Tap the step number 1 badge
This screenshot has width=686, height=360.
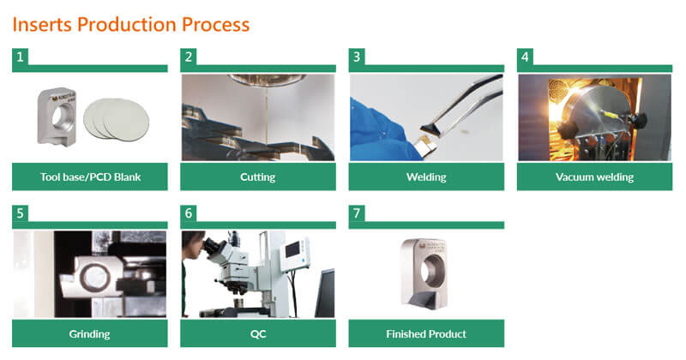coord(20,57)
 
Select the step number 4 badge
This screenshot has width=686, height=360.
coord(525,57)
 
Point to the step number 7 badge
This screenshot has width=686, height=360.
coord(357,213)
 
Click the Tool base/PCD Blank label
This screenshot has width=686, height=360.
coord(90,177)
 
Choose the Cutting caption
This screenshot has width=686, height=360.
coord(258,177)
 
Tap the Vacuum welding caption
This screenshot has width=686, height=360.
coord(594,177)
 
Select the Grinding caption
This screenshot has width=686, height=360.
coord(90,334)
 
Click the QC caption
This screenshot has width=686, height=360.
coord(258,334)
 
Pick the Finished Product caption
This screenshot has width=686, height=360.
coord(426,334)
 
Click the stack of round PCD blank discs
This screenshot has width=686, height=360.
coord(116,118)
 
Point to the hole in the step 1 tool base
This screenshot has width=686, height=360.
coord(58,117)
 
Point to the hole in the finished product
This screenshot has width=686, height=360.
coord(433,271)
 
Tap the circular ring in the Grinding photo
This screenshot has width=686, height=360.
coord(94,278)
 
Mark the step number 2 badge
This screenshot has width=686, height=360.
coord(189,57)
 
